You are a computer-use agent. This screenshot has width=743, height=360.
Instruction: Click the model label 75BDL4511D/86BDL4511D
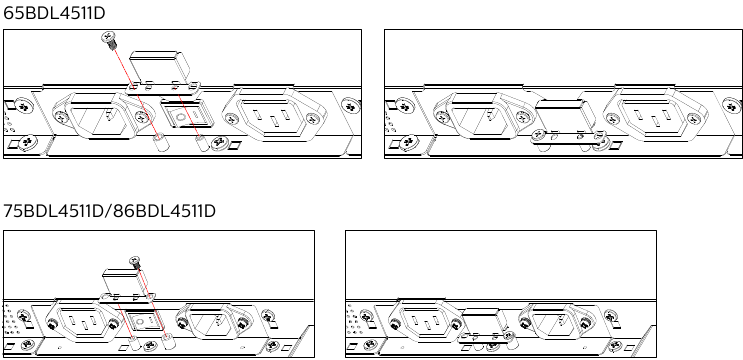[109, 211]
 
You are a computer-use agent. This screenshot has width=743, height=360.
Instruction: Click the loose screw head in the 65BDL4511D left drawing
[108, 41]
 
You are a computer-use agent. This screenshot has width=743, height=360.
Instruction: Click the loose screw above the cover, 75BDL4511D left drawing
[135, 263]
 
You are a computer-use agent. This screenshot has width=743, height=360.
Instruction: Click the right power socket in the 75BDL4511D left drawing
[218, 322]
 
